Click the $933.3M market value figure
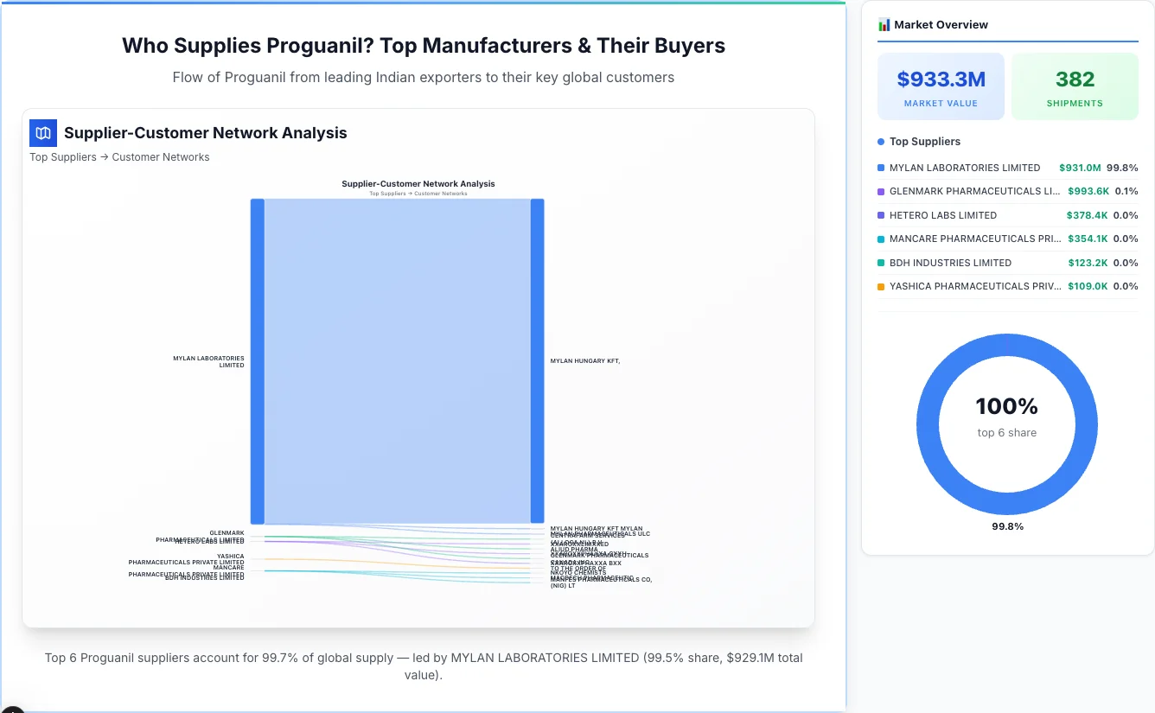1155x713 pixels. click(941, 80)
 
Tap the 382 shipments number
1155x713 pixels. click(1075, 80)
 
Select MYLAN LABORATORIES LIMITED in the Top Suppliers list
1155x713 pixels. click(964, 168)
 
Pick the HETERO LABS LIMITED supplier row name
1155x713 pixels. click(942, 215)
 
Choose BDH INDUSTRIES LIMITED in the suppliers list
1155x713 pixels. click(950, 263)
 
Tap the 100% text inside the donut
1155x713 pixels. click(1006, 406)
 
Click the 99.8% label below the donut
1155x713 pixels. click(1007, 526)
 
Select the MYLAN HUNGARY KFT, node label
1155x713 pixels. click(584, 361)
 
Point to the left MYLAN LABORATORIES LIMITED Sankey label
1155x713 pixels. click(208, 361)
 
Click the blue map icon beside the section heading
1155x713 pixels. click(43, 133)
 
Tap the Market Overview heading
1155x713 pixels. click(941, 25)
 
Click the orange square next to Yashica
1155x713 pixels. click(881, 287)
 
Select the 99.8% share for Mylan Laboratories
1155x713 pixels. click(1122, 168)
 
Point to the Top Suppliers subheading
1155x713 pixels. click(924, 142)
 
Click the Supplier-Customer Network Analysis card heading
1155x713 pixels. click(205, 133)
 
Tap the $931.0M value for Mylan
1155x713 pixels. click(1079, 168)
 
